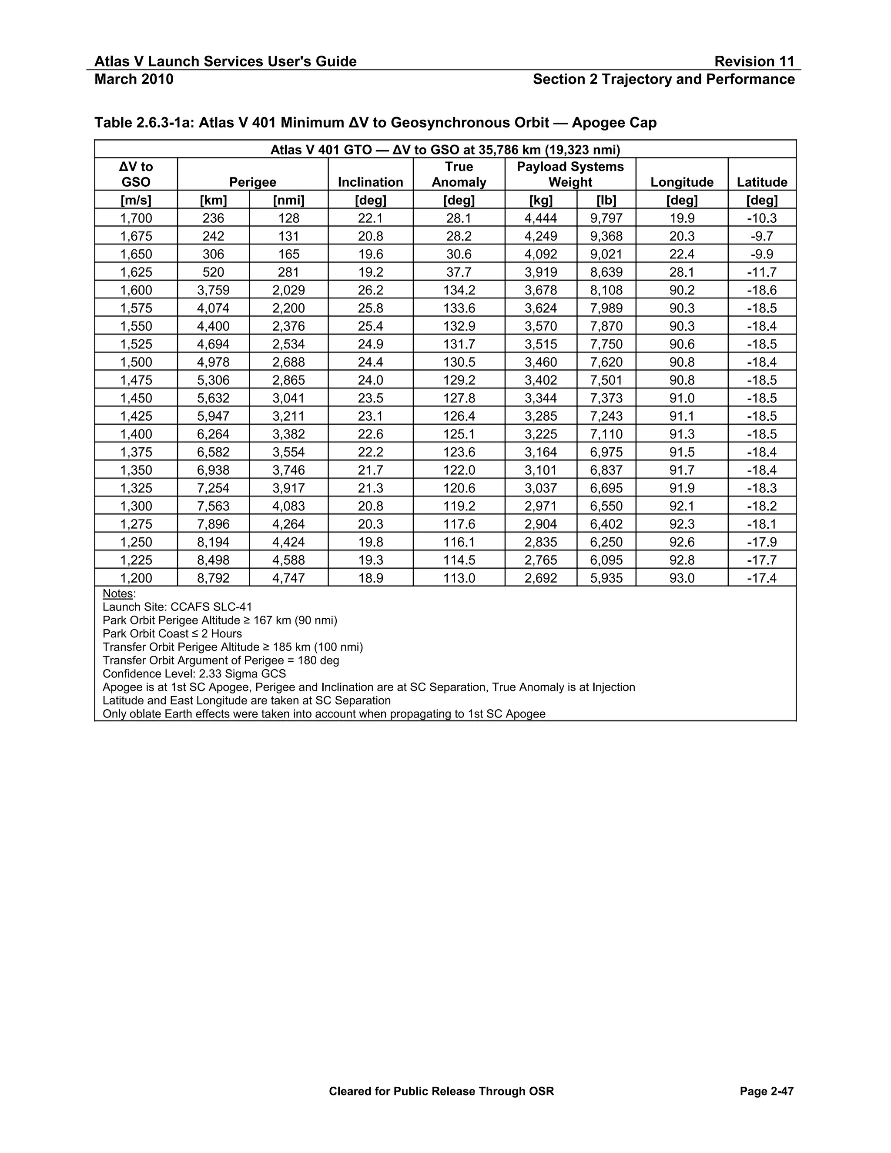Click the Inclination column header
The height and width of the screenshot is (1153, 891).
pyautogui.click(x=370, y=182)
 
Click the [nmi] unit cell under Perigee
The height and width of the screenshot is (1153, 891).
pyautogui.click(x=289, y=200)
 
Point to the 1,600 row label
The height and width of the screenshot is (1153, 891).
pyautogui.click(x=136, y=290)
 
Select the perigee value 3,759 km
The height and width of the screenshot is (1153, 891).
pyautogui.click(x=213, y=290)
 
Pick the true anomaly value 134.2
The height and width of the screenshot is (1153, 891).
pyautogui.click(x=459, y=290)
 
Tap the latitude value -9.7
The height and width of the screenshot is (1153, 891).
pyautogui.click(x=762, y=236)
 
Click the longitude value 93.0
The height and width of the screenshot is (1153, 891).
pyautogui.click(x=681, y=578)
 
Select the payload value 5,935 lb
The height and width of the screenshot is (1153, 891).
pyautogui.click(x=606, y=578)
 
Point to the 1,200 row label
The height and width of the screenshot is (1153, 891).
pyautogui.click(x=136, y=578)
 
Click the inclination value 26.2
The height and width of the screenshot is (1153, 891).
pyautogui.click(x=370, y=290)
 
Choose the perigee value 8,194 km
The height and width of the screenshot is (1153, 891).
pyautogui.click(x=213, y=542)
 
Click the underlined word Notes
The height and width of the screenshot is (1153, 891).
pyautogui.click(x=118, y=593)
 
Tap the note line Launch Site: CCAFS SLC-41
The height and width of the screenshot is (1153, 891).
pyautogui.click(x=178, y=607)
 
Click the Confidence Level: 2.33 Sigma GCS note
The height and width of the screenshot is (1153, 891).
pyautogui.click(x=194, y=674)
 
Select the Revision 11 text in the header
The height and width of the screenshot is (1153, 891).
pyautogui.click(x=754, y=61)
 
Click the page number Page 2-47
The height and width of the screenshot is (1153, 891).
pyautogui.click(x=767, y=1091)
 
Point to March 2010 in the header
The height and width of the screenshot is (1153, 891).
pyautogui.click(x=134, y=79)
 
